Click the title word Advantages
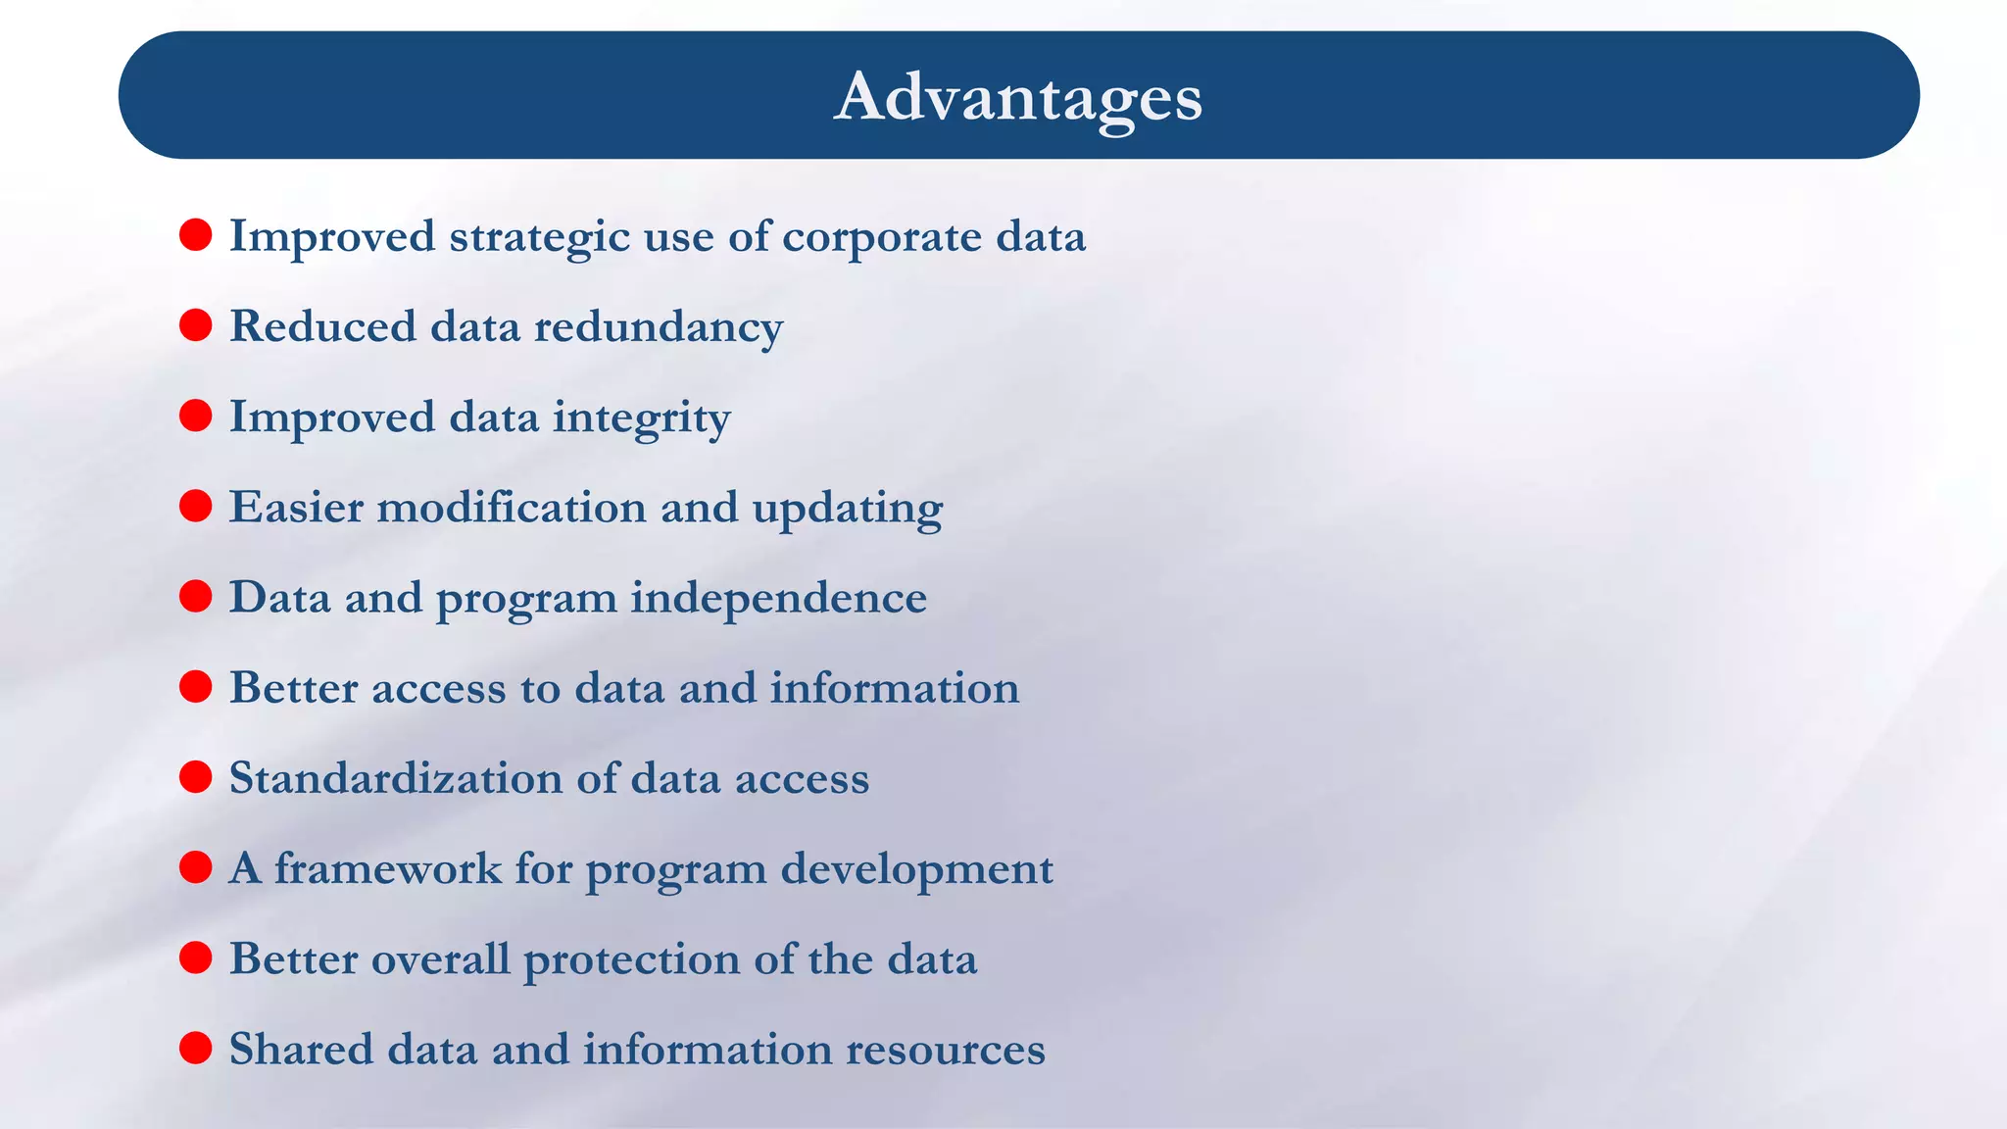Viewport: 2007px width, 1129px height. click(x=1017, y=97)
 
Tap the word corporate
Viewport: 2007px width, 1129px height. click(x=881, y=237)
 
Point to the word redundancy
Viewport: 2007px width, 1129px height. click(x=658, y=327)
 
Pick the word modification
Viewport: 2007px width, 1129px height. click(x=511, y=508)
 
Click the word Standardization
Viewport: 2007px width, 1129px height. click(x=395, y=778)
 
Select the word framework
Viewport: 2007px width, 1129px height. click(x=387, y=868)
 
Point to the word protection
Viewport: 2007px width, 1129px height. click(x=631, y=959)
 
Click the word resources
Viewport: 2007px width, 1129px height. click(x=945, y=1050)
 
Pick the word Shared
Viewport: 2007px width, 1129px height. click(x=301, y=1049)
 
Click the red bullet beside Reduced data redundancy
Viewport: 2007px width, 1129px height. click(x=196, y=325)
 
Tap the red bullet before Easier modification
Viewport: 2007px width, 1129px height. click(x=196, y=506)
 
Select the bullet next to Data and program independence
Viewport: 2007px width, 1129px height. click(x=196, y=596)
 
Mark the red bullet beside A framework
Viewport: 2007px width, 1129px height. click(x=196, y=867)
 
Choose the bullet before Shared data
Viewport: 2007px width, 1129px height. click(x=196, y=1048)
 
